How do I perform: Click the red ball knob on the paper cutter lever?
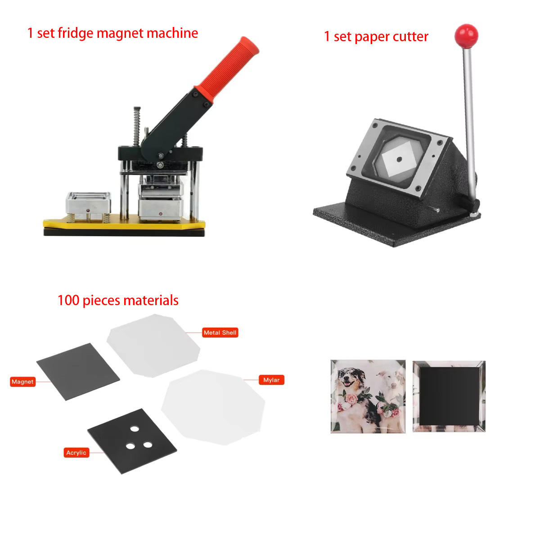tap(466, 36)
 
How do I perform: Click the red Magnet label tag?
tap(22, 382)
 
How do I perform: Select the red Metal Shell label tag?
tap(220, 333)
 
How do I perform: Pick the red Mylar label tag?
tap(271, 380)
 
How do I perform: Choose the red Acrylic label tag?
tap(76, 453)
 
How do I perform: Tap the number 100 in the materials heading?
tap(68, 300)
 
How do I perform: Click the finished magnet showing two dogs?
tap(368, 396)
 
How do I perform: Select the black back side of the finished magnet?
tap(449, 396)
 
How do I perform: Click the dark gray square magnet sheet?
tap(78, 372)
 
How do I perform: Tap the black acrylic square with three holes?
tap(132, 441)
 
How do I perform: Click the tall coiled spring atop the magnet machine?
tap(137, 126)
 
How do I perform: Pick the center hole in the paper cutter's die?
tap(399, 159)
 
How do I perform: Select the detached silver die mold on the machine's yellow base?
tap(88, 206)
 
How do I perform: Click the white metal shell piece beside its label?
tap(153, 345)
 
